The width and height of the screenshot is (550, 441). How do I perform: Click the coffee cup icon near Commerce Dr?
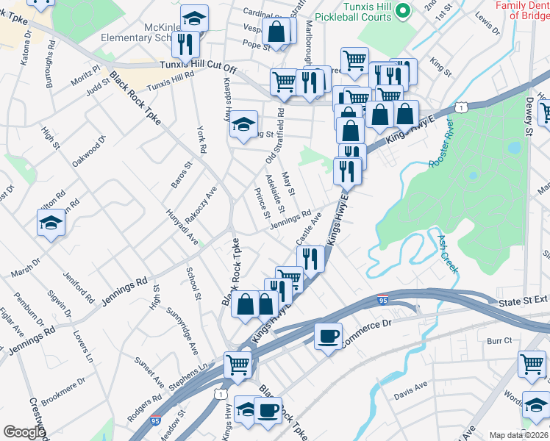pos(328,336)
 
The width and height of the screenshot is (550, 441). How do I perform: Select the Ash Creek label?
pos(447,254)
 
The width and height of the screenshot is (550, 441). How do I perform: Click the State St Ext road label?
pos(523,301)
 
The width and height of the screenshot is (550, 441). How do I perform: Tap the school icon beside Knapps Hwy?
pos(240,126)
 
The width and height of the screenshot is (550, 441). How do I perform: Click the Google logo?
pos(24,432)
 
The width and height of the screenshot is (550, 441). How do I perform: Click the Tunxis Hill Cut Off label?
pos(198,67)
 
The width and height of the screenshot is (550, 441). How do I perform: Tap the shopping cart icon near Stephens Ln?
pos(238,363)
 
